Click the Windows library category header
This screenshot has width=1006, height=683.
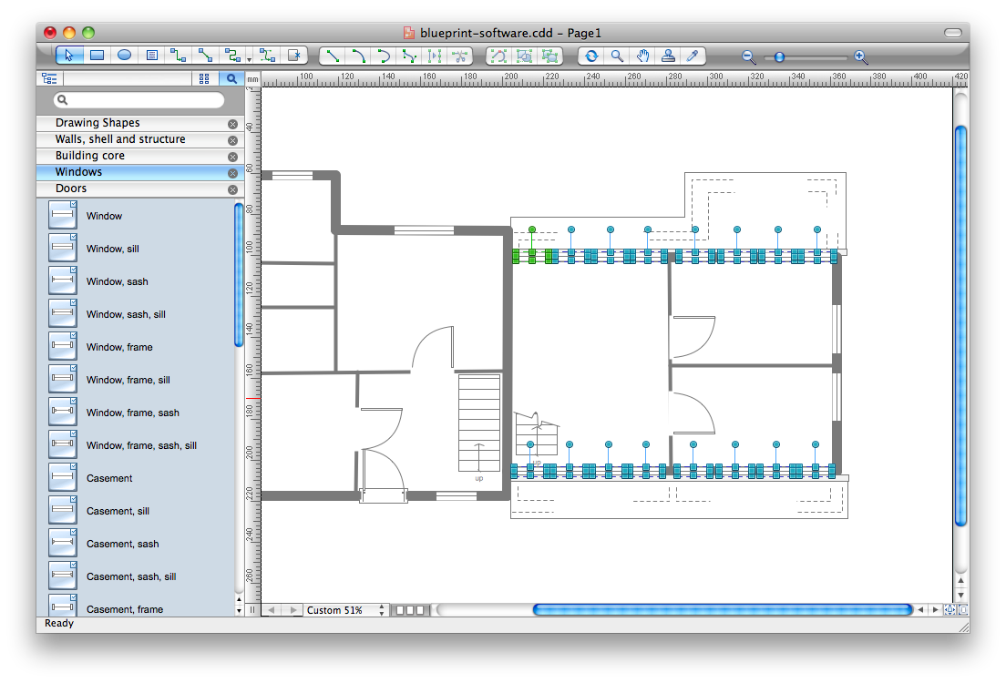(x=78, y=172)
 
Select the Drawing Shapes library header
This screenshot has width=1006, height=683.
(x=98, y=123)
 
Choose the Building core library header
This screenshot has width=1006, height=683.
(x=90, y=156)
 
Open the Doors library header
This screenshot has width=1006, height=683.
(x=71, y=189)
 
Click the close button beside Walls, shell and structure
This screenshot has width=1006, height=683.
(x=232, y=140)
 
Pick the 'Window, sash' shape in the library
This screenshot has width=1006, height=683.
(x=117, y=281)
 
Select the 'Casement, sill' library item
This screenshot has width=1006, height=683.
(x=118, y=511)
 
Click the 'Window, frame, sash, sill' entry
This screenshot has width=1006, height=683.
(x=141, y=445)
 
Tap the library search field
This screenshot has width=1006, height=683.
(x=139, y=100)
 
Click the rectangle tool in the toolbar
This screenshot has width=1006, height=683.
(x=98, y=56)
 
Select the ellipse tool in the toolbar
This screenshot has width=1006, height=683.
(x=125, y=56)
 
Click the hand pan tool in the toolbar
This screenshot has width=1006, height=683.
(x=642, y=56)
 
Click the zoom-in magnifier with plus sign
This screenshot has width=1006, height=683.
(x=861, y=56)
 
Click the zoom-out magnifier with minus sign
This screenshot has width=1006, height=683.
(x=749, y=56)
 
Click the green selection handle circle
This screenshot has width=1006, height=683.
(x=532, y=229)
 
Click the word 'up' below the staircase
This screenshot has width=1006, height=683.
(x=478, y=478)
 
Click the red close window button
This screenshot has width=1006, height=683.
(x=49, y=32)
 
